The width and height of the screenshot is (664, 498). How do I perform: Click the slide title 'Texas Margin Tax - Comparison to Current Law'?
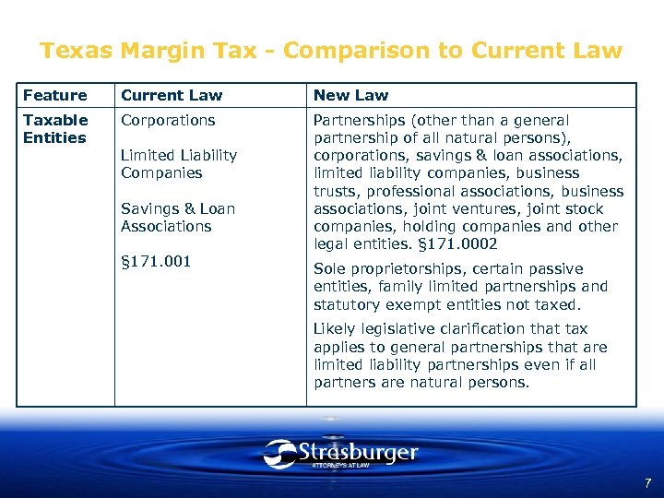[331, 51]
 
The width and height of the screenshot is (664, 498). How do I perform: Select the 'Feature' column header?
[54, 95]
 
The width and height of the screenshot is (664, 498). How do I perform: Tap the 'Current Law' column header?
[172, 95]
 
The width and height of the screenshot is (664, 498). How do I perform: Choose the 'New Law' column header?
[350, 95]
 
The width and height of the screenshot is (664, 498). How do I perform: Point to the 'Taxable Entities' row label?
[55, 128]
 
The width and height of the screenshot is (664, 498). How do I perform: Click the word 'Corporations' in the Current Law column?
[168, 120]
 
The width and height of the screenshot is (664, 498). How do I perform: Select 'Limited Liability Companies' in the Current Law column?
[179, 164]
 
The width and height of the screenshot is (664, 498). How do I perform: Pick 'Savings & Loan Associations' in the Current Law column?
[178, 218]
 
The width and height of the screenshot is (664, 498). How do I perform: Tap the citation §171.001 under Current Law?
[156, 261]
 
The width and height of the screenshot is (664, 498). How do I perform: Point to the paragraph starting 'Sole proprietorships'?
[461, 287]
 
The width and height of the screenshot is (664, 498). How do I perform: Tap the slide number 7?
[647, 482]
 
